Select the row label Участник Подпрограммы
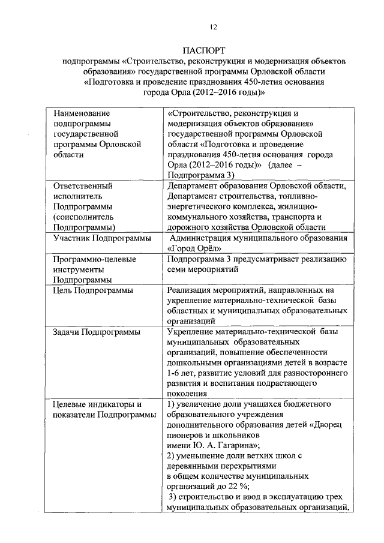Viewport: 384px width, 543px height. pos(102,239)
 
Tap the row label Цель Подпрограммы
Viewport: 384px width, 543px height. pos(93,290)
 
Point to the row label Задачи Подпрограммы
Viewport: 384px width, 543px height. pos(97,332)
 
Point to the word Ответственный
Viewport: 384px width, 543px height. pos(83,185)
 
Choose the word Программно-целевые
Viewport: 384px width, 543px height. pos(95,259)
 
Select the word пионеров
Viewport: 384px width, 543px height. pos(187,435)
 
